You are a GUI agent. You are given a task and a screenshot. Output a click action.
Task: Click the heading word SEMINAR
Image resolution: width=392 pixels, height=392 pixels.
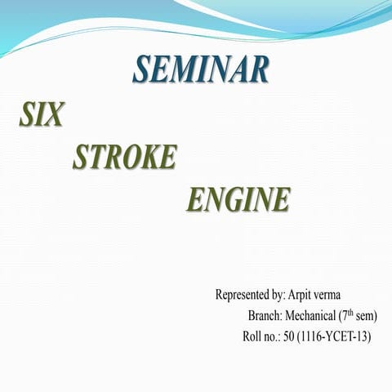201,69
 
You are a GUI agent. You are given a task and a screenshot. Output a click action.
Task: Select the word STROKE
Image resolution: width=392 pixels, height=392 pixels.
124,157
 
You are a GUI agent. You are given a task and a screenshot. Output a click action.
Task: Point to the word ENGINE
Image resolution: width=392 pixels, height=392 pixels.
239,198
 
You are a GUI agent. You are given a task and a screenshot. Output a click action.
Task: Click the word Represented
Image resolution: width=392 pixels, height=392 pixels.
243,294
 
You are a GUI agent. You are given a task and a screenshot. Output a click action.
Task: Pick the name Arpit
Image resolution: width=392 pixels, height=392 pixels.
304,294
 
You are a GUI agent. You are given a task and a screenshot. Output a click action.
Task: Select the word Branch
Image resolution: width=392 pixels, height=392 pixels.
264,315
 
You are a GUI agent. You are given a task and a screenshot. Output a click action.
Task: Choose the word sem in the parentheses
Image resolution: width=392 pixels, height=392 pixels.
367,315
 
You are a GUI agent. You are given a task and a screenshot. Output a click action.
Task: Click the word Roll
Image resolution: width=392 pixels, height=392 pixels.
253,336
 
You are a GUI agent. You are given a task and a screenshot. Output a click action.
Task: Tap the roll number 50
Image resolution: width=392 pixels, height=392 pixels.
290,336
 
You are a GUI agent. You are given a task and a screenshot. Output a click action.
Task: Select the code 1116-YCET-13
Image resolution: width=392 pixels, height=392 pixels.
335,336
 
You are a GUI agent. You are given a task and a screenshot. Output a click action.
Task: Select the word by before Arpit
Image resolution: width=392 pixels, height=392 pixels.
278,294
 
